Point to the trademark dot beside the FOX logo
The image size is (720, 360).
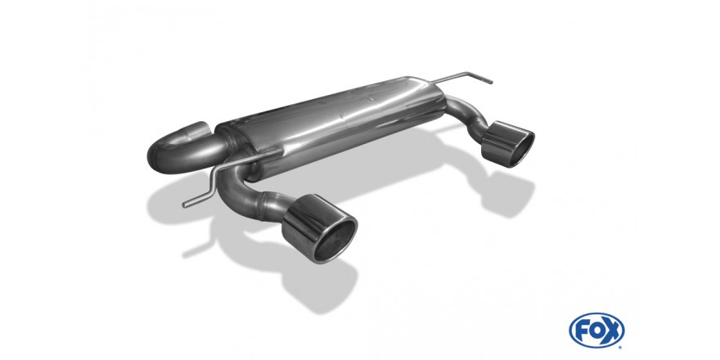[x=621, y=347]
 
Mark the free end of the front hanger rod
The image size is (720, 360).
[x=185, y=205]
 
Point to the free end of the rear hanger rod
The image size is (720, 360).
[x=491, y=83]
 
